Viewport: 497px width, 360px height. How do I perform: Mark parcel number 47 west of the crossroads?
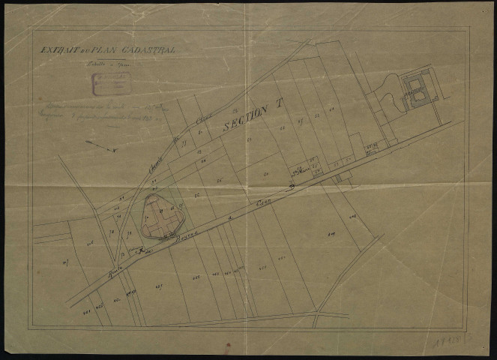[x=65, y=261]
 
